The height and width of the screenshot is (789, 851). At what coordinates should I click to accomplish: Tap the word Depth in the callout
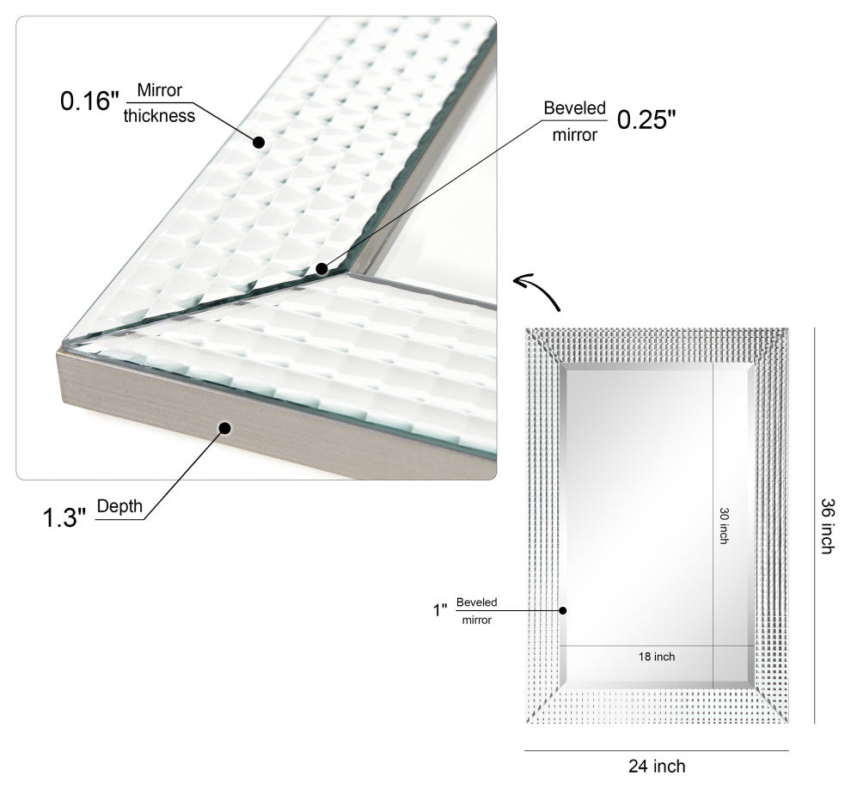coord(119,506)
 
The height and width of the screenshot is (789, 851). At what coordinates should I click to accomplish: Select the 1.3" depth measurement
coord(64,518)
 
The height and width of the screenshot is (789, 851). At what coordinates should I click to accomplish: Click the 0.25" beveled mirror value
coord(641,120)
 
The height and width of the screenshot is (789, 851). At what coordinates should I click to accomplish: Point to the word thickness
coord(159,115)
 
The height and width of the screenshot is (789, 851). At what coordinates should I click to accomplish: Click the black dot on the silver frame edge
coord(225,427)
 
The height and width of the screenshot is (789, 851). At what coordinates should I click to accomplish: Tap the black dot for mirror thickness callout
coord(257,141)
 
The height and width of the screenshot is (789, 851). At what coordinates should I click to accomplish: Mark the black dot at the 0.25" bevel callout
coord(321,268)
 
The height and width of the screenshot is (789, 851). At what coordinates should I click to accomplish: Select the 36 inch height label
coord(827,525)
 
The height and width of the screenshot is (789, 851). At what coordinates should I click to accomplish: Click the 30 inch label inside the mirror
coord(724,524)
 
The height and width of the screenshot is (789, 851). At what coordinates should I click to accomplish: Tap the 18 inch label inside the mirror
coord(657,657)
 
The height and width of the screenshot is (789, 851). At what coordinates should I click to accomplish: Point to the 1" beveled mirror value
coord(440,610)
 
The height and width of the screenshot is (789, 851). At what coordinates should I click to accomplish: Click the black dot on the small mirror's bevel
coord(563,610)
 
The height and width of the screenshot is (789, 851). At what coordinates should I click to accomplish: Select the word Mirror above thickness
coord(160,89)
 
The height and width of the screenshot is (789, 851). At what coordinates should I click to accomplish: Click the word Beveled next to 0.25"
coord(574,108)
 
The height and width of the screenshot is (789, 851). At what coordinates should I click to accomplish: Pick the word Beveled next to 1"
coord(476,602)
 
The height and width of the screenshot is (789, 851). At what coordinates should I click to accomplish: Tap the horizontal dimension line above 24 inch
coord(656,750)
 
